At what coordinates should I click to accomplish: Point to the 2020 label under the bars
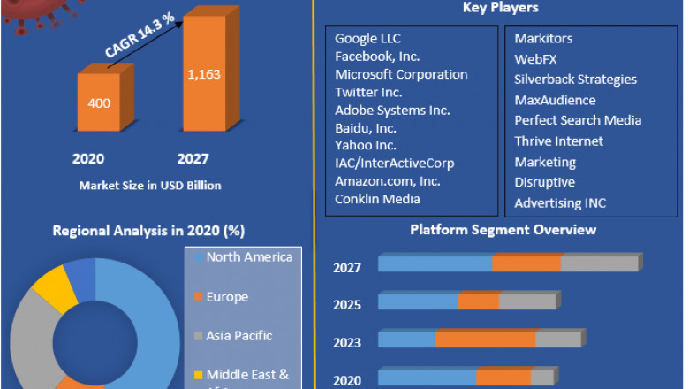coord(88,159)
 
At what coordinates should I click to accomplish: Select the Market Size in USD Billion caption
coord(150,186)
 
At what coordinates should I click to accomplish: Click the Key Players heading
coord(500,8)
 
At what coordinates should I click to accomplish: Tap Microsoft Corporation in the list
coord(401,74)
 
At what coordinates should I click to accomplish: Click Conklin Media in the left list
coord(377,199)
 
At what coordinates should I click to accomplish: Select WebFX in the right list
coord(534,59)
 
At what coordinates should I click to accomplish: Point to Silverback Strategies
coord(575,80)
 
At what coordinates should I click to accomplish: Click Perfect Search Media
coord(578,120)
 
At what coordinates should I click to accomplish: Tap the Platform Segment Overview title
coord(503,230)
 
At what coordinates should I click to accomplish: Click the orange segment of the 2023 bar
coord(485,339)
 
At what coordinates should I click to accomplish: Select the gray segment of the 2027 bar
coord(599,263)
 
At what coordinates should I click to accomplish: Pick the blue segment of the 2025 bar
coord(418,301)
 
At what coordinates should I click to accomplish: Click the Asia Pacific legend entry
coord(238,336)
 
